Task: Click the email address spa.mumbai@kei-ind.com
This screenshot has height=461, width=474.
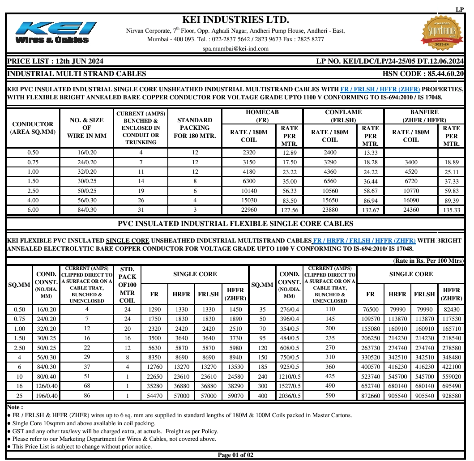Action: (235, 49)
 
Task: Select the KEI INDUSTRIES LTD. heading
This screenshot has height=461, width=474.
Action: (235, 20)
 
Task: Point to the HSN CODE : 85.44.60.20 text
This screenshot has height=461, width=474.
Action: (423, 74)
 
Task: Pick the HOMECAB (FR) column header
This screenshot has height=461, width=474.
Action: (262, 116)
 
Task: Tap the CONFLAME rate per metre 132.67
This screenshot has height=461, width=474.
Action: (370, 210)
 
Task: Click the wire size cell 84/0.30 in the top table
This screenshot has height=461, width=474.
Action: (86, 210)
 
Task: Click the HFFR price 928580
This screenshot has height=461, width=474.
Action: (451, 396)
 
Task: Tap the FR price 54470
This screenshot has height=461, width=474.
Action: (154, 396)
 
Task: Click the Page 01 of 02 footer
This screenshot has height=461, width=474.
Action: (235, 455)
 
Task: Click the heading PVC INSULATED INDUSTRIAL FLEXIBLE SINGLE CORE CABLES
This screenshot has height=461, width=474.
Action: (235, 224)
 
